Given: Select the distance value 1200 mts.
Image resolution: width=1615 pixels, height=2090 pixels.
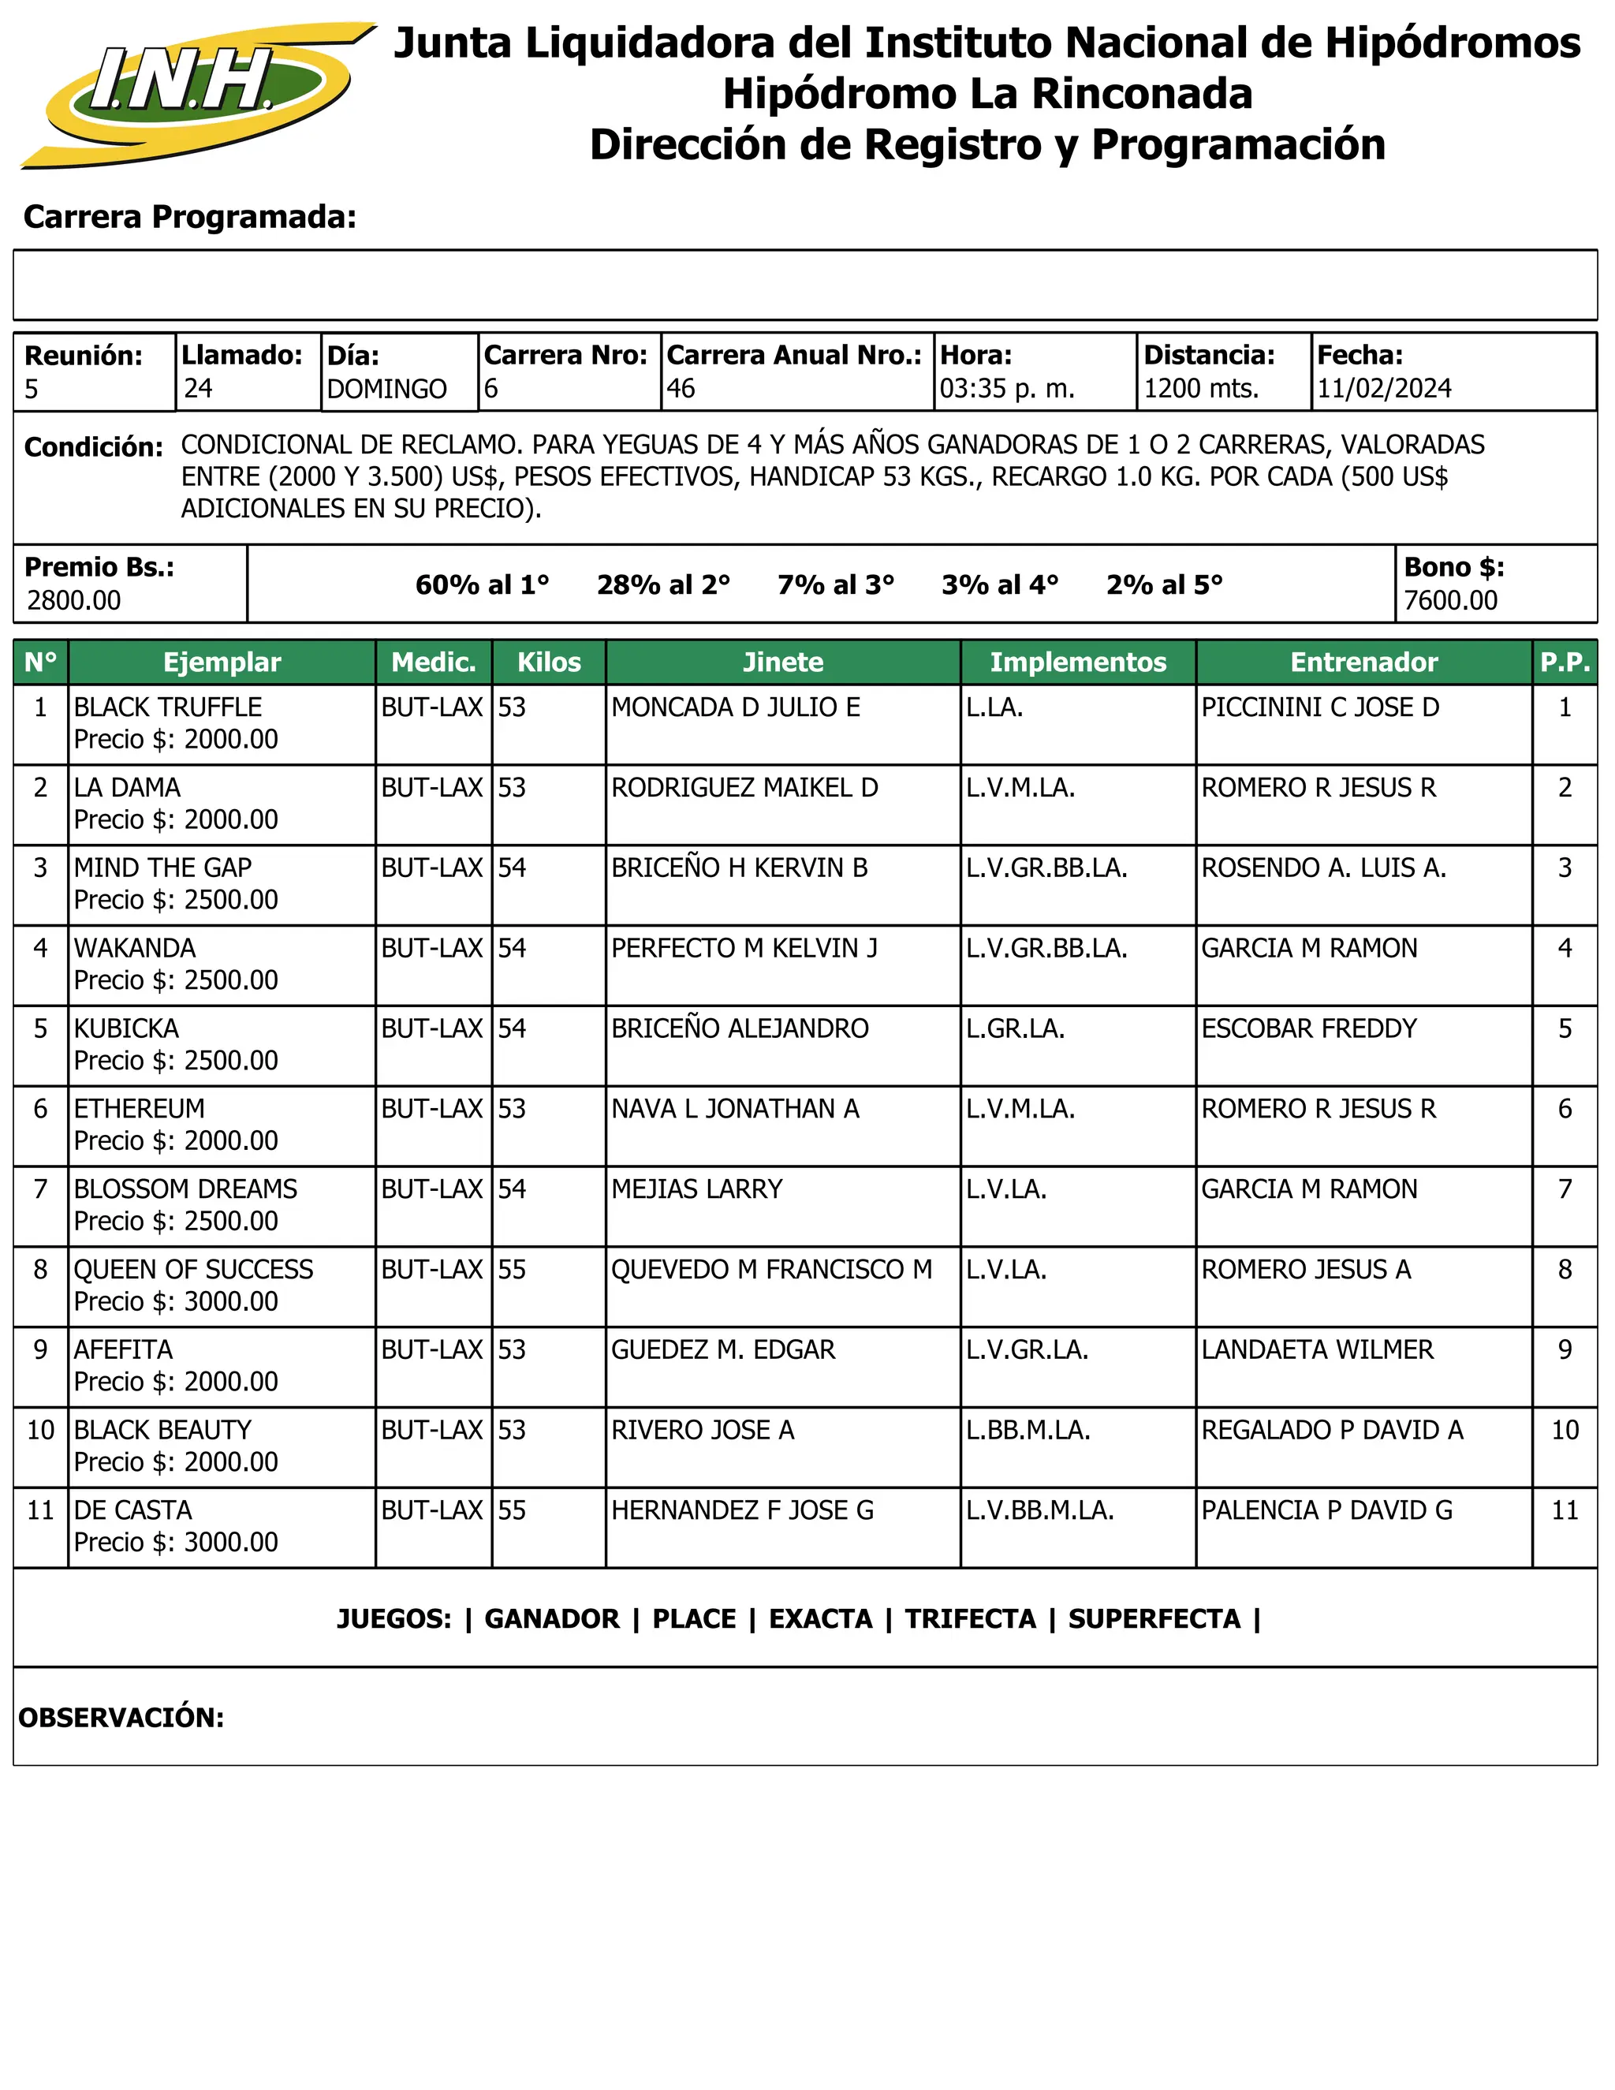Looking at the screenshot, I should [x=1201, y=389].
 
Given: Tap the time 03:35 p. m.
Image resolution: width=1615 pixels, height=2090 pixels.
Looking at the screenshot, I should [x=1006, y=389].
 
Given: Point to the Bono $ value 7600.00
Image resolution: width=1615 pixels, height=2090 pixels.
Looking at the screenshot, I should [x=1450, y=601].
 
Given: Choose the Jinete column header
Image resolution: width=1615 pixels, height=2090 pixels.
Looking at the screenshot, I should [x=782, y=662].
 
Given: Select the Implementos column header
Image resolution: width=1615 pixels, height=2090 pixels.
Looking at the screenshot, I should [x=1077, y=662].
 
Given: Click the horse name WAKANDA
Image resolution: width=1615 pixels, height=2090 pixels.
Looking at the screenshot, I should [x=135, y=948].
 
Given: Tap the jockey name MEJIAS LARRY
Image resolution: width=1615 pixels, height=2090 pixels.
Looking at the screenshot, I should [x=696, y=1189].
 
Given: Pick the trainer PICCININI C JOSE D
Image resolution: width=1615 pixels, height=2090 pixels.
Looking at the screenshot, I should [x=1319, y=707].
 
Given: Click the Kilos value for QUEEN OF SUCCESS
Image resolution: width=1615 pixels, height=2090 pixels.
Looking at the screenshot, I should [x=512, y=1270].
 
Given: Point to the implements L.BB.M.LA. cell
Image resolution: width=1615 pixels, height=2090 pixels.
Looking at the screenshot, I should [x=1028, y=1431].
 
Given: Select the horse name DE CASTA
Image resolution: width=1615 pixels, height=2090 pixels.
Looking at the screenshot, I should [x=133, y=1511].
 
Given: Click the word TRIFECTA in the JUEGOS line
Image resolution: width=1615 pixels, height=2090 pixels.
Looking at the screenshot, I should [x=970, y=1619].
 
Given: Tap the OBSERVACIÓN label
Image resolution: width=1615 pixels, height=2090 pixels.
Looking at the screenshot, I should [x=121, y=1718].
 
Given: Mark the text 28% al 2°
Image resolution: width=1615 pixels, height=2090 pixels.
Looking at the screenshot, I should [x=663, y=584].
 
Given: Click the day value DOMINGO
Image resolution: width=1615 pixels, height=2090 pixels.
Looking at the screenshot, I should [x=386, y=390].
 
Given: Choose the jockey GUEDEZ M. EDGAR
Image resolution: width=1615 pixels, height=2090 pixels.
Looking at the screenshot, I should [x=722, y=1350].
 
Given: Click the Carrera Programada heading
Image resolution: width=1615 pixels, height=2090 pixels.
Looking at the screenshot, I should [x=189, y=217].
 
